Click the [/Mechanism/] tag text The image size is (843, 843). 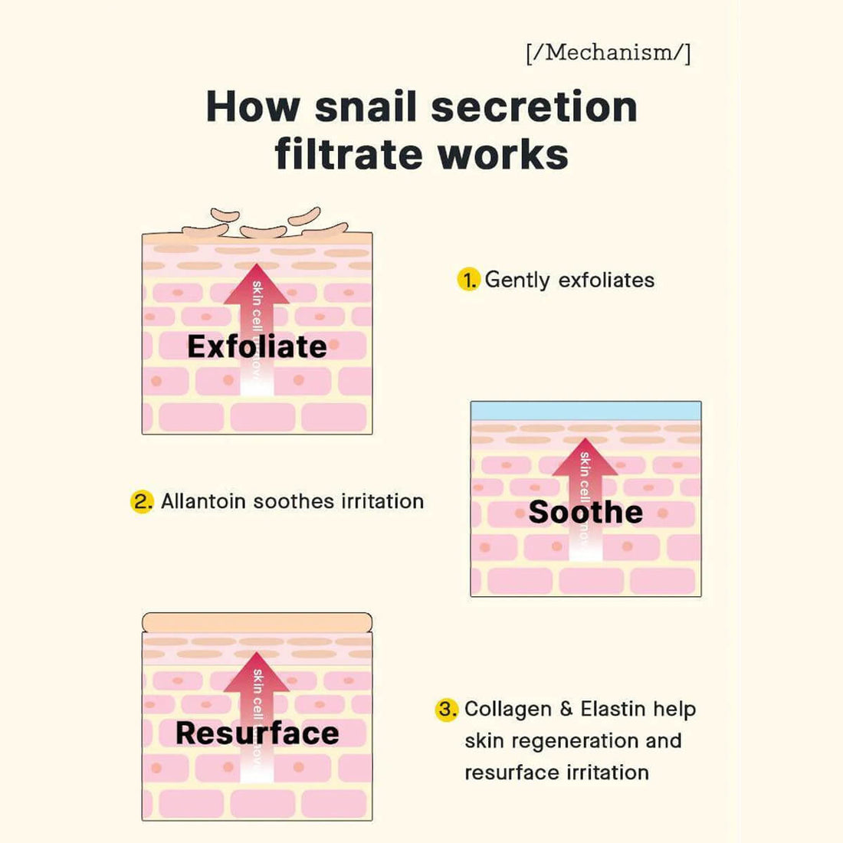pos(608,53)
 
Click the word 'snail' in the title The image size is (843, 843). pos(359,107)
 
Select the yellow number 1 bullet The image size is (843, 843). pos(468,280)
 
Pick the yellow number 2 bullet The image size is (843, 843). pos(142,502)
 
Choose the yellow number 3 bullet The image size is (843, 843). pos(447,710)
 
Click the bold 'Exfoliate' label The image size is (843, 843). pos(257,346)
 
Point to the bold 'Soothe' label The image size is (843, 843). pos(586,512)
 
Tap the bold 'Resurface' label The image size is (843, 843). pos(257,733)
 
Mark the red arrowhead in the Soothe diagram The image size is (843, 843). pos(585,455)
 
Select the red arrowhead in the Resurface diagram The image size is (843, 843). pos(257,670)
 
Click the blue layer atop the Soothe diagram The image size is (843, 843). pos(586,411)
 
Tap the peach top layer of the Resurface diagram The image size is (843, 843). pos(257,622)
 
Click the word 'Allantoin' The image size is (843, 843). pos(203,502)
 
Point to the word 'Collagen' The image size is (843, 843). pos(507,710)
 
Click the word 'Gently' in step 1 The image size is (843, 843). pos(517,280)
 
